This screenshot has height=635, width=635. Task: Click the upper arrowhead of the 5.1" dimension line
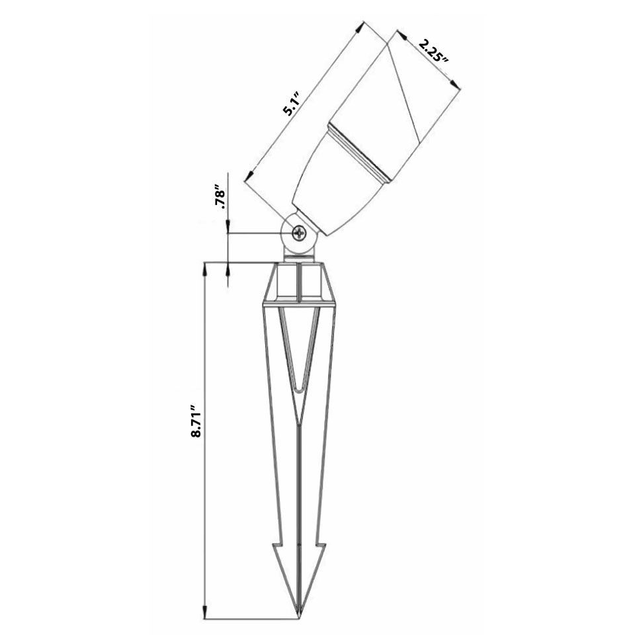coord(362,26)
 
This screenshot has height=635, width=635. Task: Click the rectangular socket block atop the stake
coord(300,283)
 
